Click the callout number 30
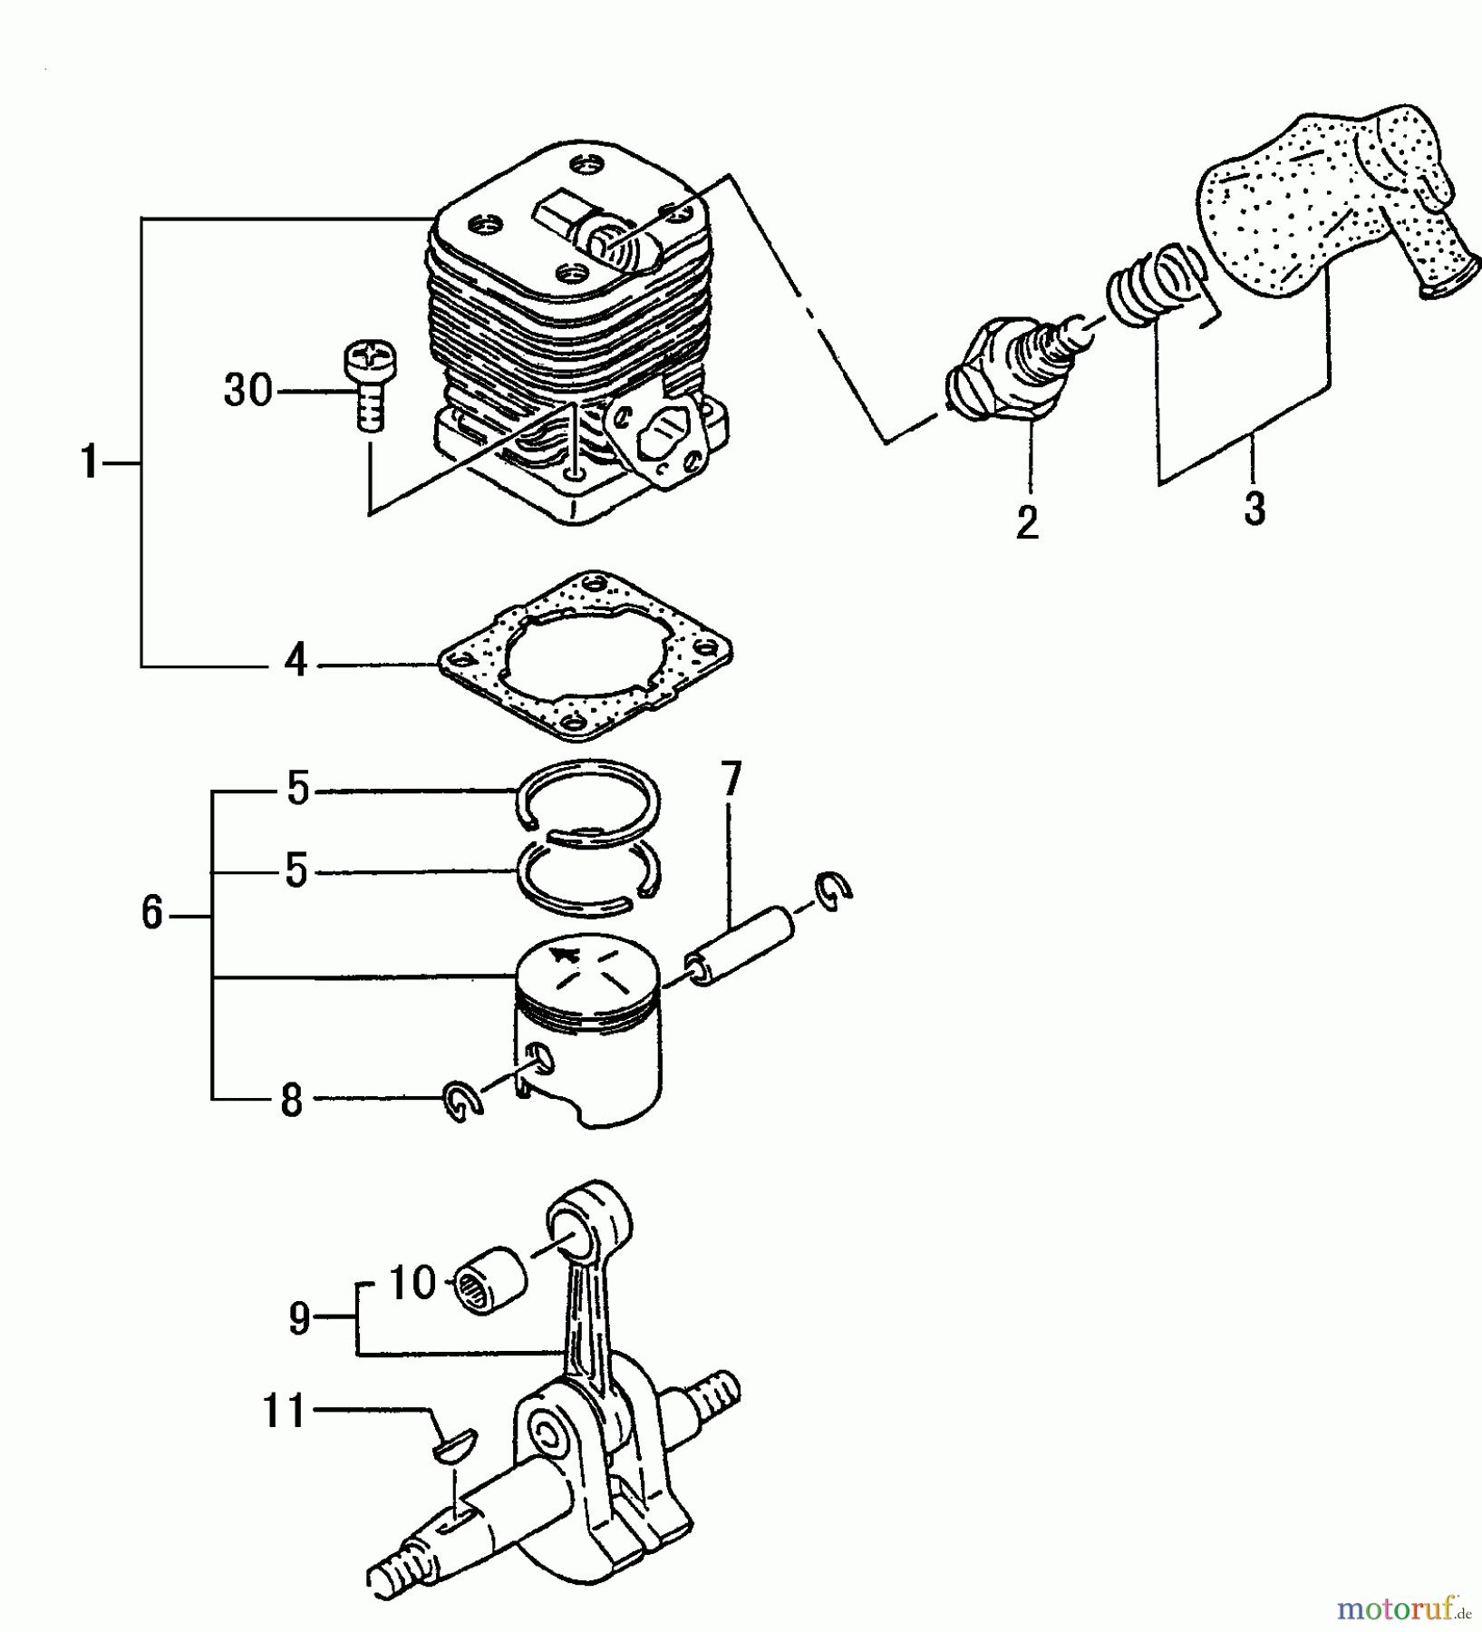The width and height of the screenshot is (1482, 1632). (247, 391)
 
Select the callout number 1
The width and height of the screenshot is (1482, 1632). (88, 463)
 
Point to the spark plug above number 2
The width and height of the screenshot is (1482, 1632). (1011, 368)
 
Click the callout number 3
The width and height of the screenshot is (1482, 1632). (1254, 509)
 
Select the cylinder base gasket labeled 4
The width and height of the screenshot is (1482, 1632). (585, 656)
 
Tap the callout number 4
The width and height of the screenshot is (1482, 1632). (295, 663)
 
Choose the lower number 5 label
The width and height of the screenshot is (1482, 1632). (295, 871)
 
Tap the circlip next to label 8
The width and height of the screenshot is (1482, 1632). (464, 1103)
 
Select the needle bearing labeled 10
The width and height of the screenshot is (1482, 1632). (491, 1280)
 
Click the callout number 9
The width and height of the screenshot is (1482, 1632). (299, 1319)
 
